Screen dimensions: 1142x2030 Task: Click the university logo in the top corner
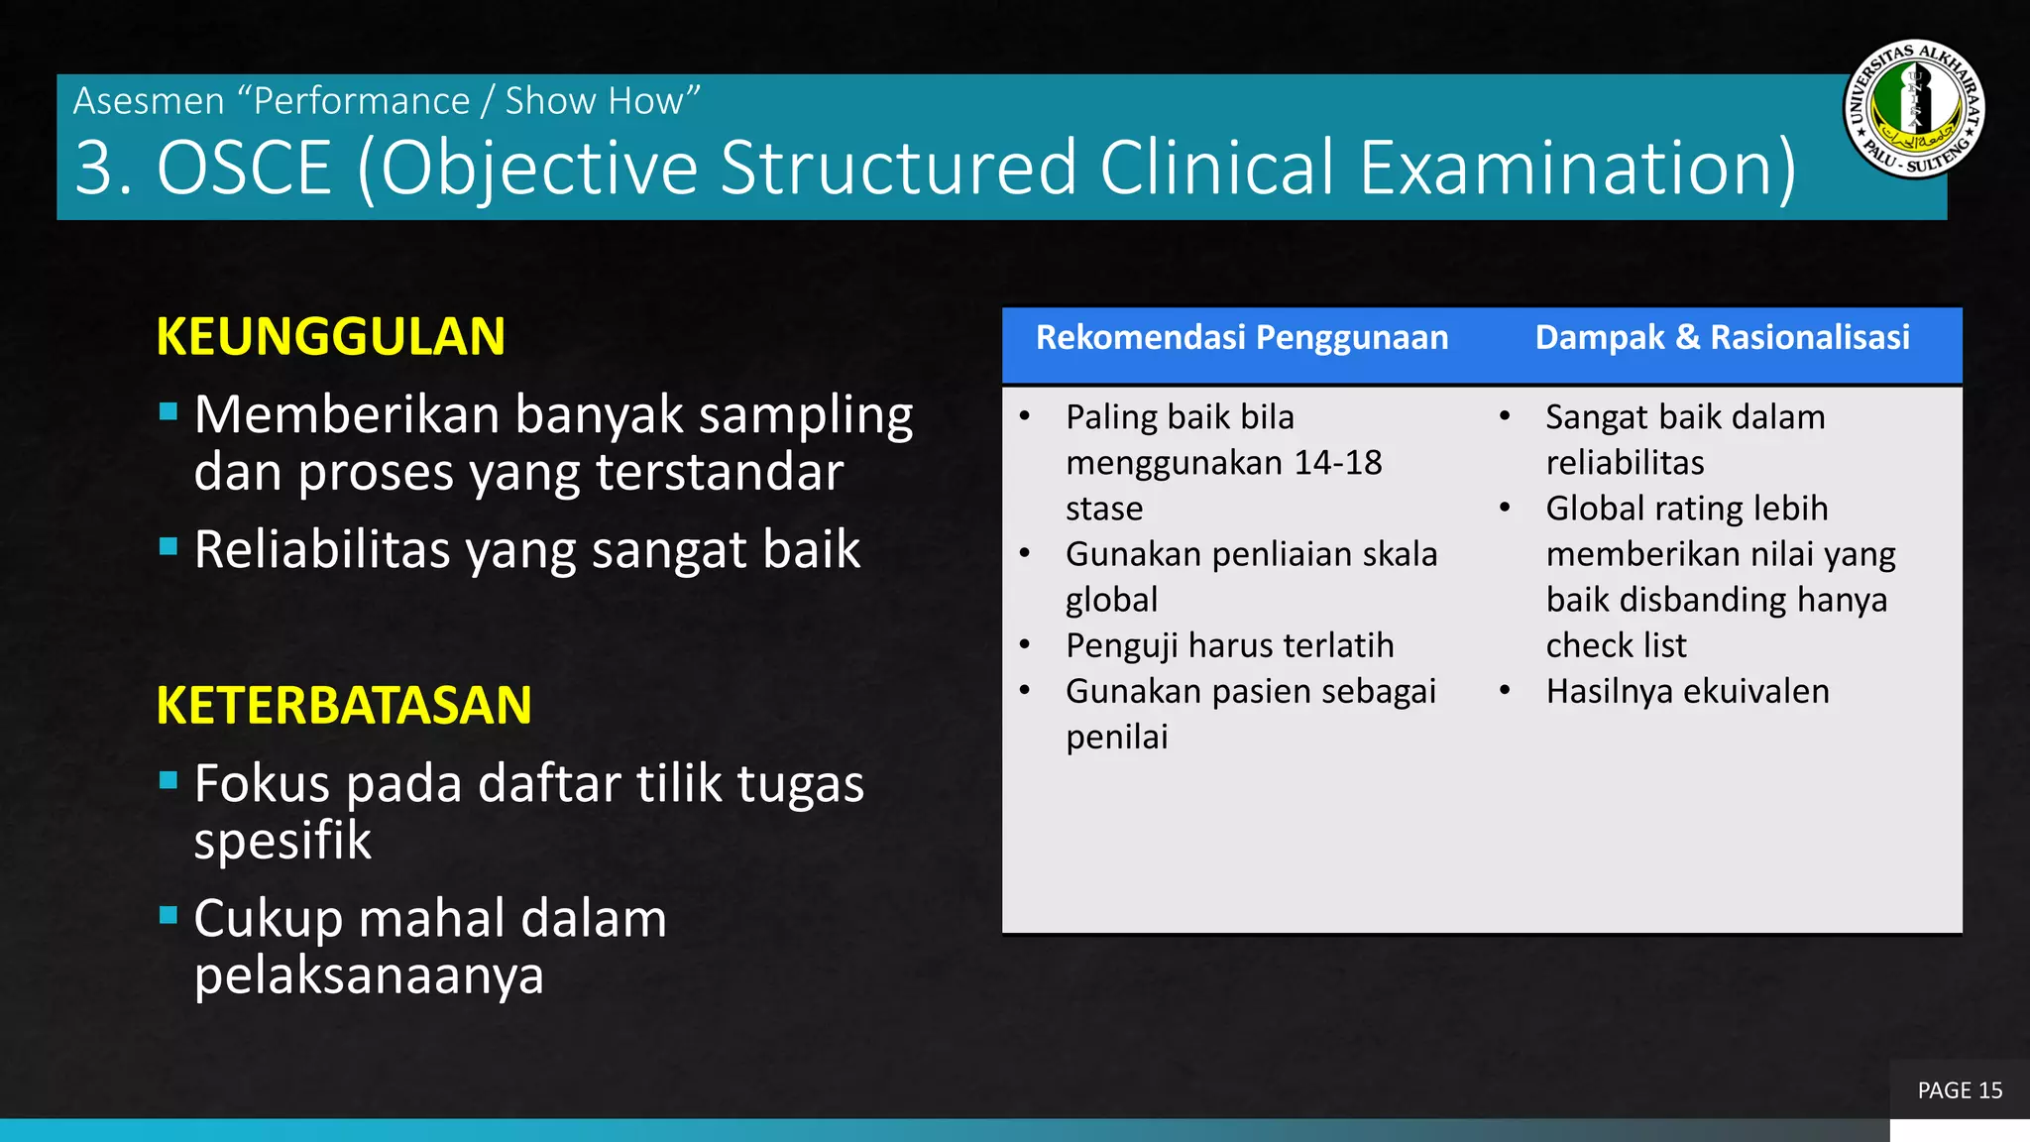point(1914,109)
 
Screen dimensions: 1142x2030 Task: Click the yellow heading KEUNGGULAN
point(330,337)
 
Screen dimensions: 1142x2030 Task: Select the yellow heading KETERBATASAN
point(343,706)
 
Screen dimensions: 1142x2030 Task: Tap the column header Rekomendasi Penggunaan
point(1241,338)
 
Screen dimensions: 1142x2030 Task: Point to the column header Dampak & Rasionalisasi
point(1722,338)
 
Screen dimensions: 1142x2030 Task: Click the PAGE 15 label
point(1960,1090)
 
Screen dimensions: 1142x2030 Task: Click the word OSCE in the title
point(244,168)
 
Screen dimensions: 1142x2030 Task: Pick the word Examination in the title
point(1576,168)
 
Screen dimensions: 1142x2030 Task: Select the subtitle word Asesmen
point(149,101)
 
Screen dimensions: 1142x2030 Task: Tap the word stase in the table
point(1104,509)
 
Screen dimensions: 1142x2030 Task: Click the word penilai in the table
point(1116,738)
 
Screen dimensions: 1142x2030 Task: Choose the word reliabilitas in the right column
point(1625,463)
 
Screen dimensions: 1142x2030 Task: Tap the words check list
point(1616,645)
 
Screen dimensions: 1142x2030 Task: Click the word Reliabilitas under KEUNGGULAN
point(322,550)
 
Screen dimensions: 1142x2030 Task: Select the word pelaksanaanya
point(369,976)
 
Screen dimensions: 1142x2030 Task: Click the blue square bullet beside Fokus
point(169,781)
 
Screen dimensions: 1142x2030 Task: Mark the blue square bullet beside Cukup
point(169,915)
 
